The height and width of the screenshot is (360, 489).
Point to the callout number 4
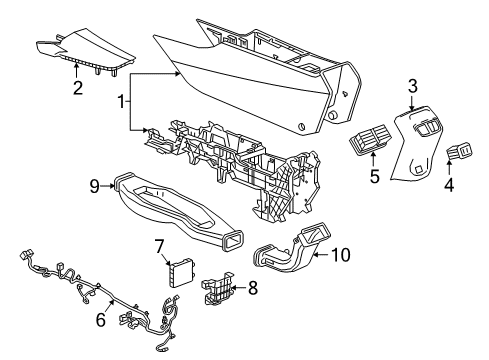click(x=447, y=185)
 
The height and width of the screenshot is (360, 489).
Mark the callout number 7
click(x=158, y=245)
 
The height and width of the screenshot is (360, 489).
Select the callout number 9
click(x=94, y=184)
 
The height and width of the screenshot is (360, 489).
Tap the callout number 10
click(x=341, y=255)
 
